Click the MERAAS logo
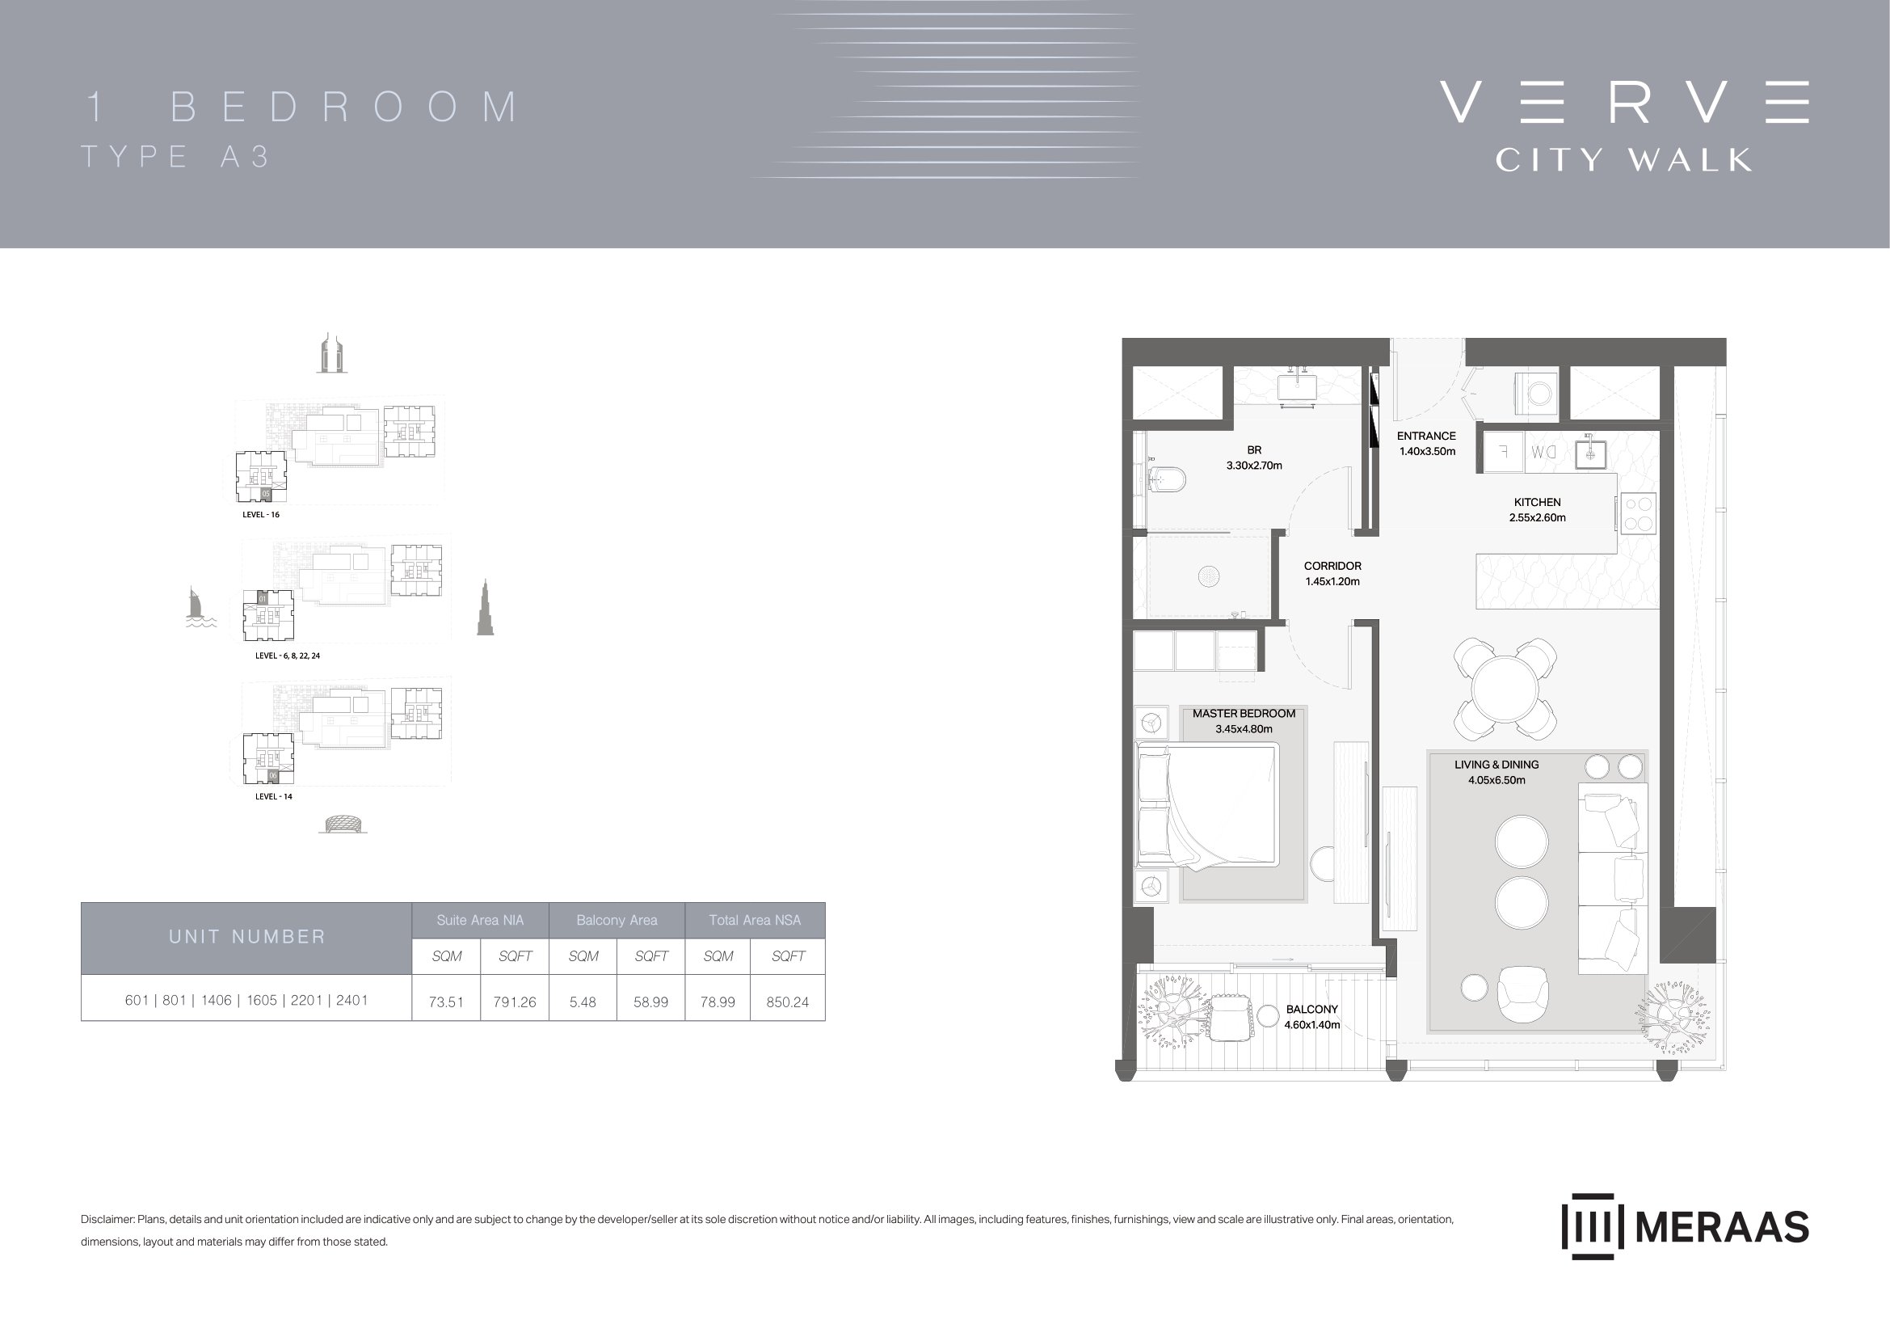point(1685,1227)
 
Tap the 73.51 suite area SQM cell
point(446,1002)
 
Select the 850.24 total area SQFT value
point(788,1002)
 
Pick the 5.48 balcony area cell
point(583,1002)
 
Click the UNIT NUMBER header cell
point(247,938)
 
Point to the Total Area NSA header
point(755,921)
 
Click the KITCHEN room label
point(1537,502)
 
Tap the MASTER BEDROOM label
point(1244,714)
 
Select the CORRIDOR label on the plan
point(1332,567)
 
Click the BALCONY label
point(1312,1010)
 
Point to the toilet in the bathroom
point(1165,479)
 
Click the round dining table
point(1505,689)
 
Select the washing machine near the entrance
point(1537,394)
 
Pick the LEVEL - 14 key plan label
point(273,797)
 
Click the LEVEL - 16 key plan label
point(261,515)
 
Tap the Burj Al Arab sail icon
point(197,607)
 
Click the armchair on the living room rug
point(1522,993)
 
